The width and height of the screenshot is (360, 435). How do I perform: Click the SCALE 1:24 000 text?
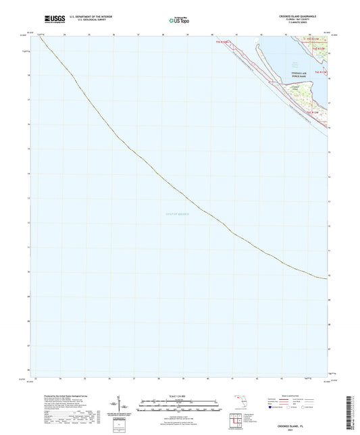tap(180, 395)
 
